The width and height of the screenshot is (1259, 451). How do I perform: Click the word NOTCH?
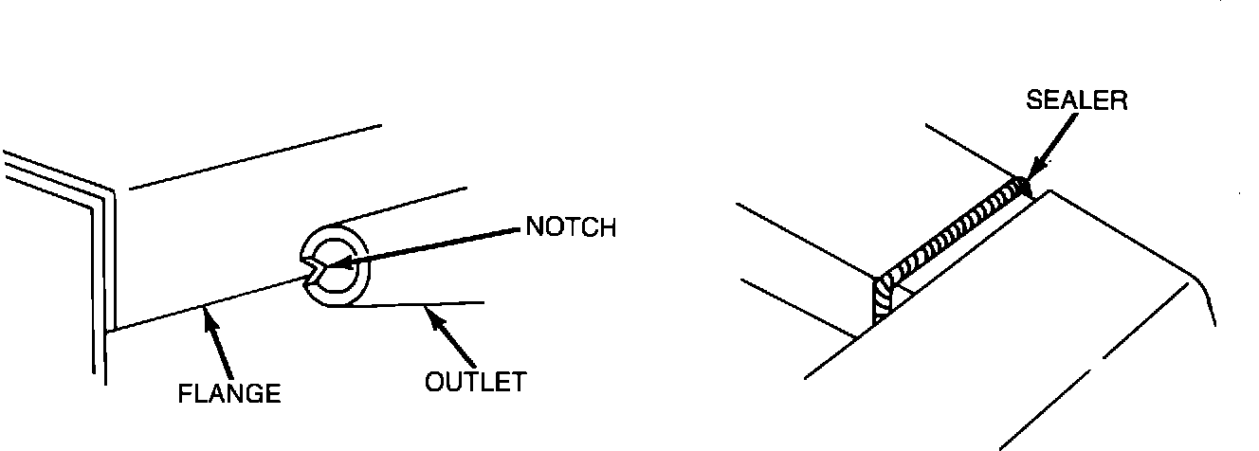pyautogui.click(x=570, y=228)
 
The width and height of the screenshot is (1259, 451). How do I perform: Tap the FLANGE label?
pyautogui.click(x=229, y=394)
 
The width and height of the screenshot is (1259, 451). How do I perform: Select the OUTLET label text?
pyautogui.click(x=474, y=382)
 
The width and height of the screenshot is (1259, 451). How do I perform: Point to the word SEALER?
pyautogui.click(x=1077, y=101)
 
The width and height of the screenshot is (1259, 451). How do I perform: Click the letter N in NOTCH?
pyautogui.click(x=534, y=228)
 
